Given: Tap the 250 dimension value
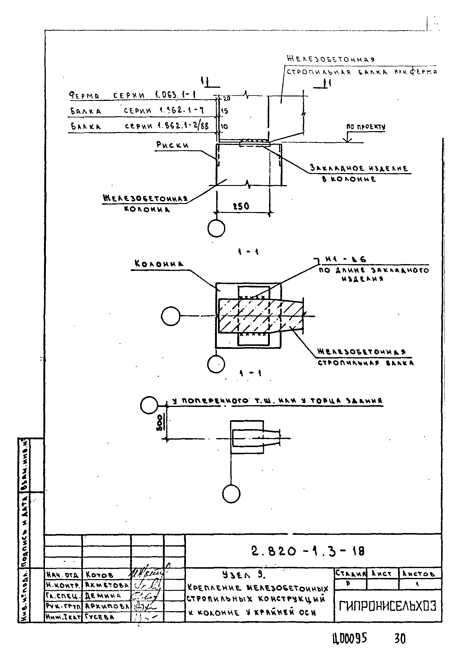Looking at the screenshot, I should click(x=241, y=206).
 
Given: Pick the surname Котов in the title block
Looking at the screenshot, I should click(x=99, y=575).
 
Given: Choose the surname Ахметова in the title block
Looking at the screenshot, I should click(x=107, y=585).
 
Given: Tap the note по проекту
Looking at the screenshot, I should click(x=366, y=127).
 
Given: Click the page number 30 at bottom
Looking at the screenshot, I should click(x=400, y=639).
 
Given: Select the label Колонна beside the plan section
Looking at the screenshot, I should click(x=159, y=264).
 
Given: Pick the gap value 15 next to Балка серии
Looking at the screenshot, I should click(x=224, y=111).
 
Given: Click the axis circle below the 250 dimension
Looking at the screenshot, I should click(x=216, y=228).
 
